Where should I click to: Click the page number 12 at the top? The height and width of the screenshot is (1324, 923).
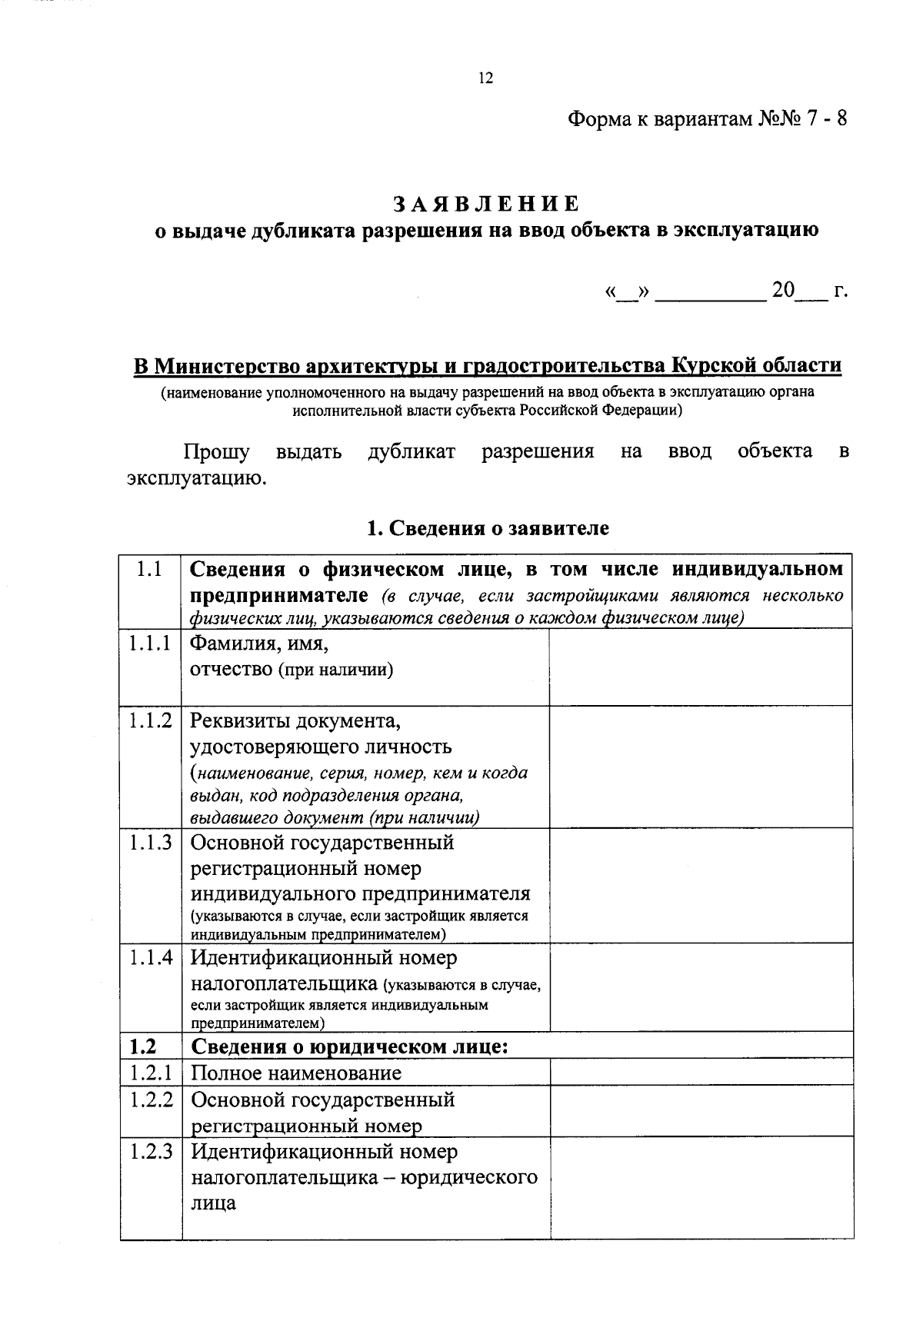click(485, 78)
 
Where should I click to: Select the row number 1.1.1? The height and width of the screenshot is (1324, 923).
click(150, 644)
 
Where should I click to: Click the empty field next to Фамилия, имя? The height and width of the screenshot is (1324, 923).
click(700, 666)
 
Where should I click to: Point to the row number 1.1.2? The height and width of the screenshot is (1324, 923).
click(150, 721)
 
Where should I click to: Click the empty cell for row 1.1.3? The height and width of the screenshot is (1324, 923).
click(700, 884)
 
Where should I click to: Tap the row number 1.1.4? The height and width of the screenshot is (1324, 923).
click(150, 958)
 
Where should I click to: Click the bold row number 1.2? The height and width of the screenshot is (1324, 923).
click(143, 1046)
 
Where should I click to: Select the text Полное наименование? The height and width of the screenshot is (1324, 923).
click(296, 1073)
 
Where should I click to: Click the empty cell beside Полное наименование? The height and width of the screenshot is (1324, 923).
click(700, 1072)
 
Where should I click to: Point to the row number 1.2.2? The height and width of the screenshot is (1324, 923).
click(151, 1099)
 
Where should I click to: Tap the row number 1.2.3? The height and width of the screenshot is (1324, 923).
click(151, 1152)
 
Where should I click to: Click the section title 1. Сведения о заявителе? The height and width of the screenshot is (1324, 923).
click(488, 528)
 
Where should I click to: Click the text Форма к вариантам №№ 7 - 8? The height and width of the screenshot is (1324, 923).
click(707, 120)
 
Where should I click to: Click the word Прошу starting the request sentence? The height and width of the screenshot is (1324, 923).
click(216, 451)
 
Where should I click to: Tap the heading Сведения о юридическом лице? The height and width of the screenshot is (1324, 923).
click(349, 1046)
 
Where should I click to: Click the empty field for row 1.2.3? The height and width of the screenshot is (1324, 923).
click(700, 1188)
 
